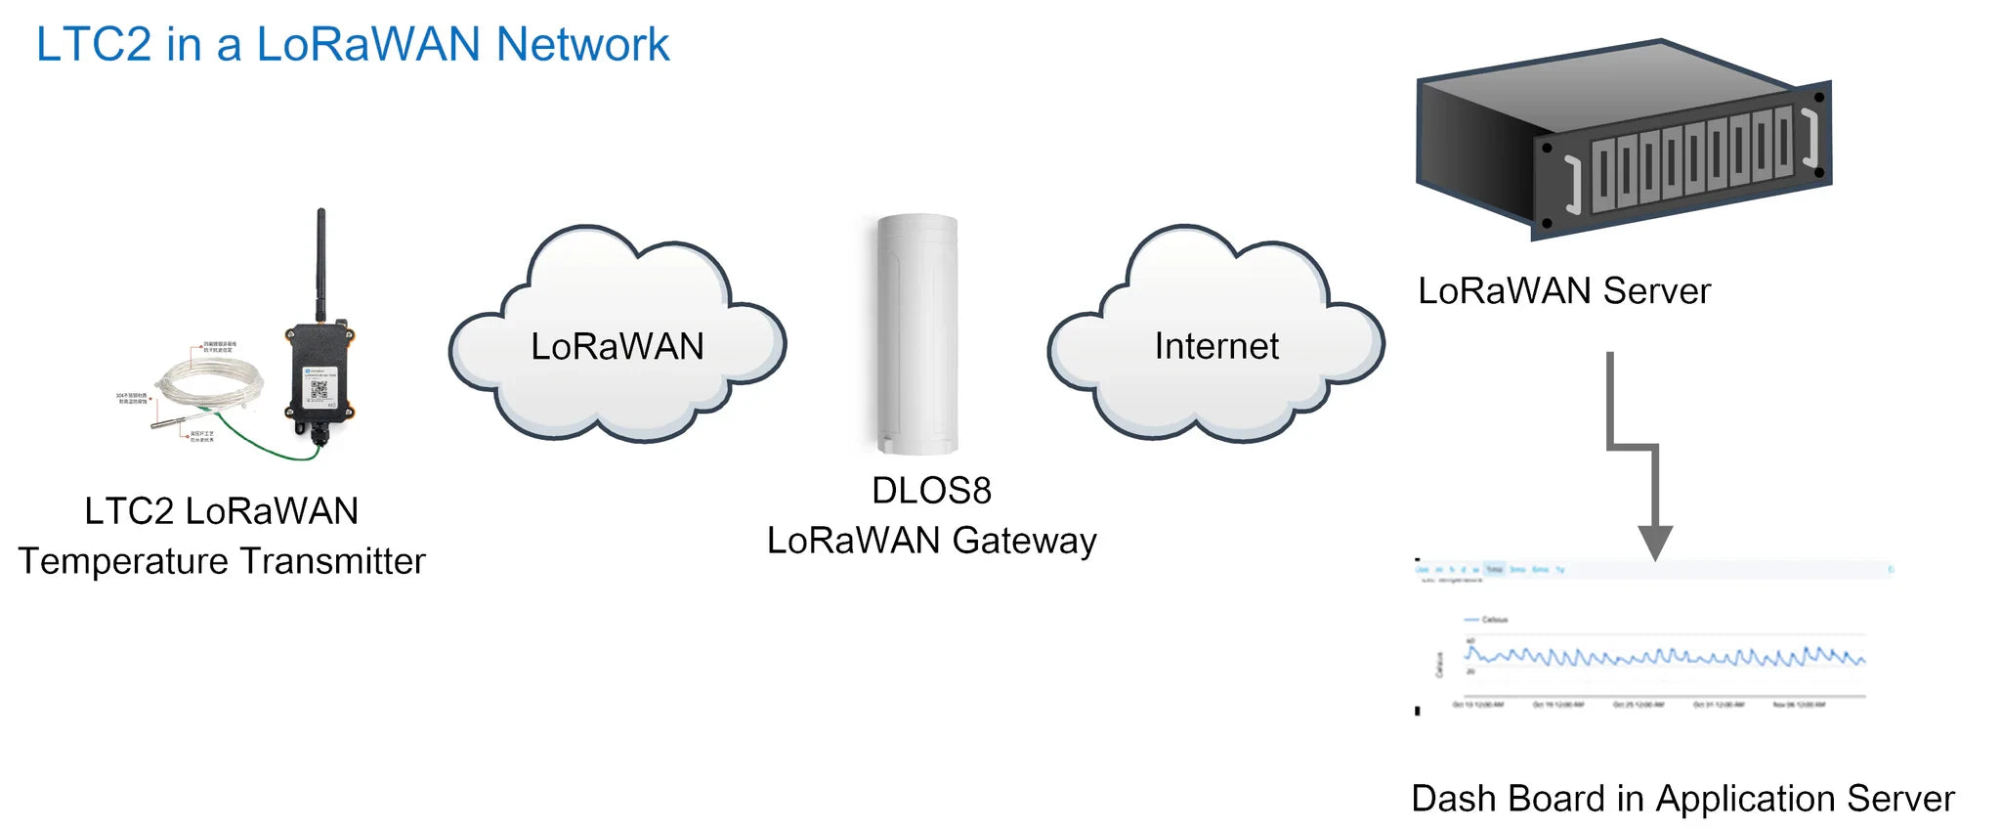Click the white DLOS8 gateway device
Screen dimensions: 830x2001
[916, 333]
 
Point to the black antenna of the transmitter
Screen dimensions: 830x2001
[320, 264]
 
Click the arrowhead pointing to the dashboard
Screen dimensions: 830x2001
[1655, 542]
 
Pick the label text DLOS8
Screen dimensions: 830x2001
[931, 491]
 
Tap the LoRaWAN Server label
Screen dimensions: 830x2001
[1563, 291]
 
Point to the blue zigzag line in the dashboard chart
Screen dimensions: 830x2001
[1661, 656]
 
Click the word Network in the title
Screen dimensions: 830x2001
[582, 45]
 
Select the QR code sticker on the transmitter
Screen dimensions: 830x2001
[319, 390]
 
